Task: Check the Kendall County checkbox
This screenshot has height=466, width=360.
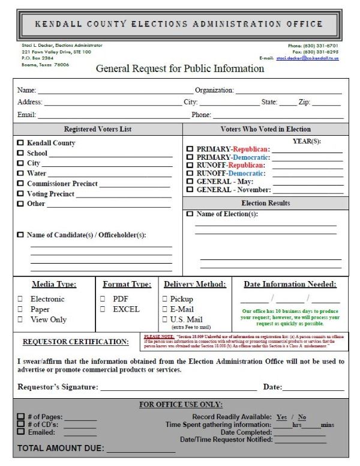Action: pos(21,144)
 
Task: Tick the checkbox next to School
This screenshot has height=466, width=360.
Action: pos(21,153)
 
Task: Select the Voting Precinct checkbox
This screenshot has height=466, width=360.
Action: pos(21,194)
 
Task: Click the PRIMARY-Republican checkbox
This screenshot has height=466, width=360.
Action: pos(190,149)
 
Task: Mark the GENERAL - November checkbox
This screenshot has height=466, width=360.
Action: pos(190,190)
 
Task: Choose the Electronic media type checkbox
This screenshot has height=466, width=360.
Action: pos(20,299)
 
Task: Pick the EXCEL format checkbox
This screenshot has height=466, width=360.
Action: pos(103,309)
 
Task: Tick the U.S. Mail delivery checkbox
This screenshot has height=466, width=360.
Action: pos(165,319)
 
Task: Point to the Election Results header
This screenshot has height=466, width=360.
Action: pos(265,204)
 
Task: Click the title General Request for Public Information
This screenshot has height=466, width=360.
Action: pos(180,68)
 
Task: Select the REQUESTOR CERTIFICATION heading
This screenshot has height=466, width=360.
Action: pos(76,342)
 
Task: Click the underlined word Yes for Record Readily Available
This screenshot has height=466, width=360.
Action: pos(281,417)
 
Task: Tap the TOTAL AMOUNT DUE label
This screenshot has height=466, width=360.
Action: pos(61,448)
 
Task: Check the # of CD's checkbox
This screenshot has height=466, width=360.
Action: pos(21,424)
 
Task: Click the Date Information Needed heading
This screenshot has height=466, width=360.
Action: pos(290,284)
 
